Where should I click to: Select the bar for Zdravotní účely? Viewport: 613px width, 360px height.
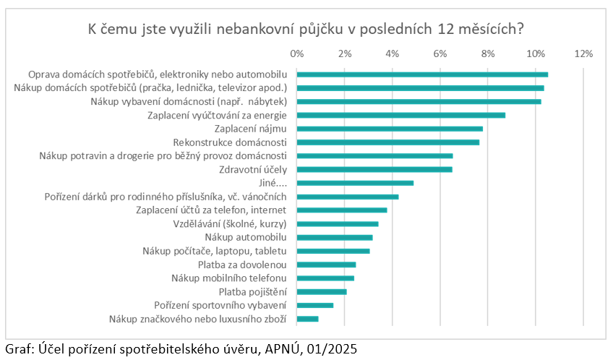(374, 169)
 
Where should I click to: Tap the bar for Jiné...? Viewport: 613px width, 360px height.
(355, 183)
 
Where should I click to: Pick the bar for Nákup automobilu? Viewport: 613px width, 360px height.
(335, 237)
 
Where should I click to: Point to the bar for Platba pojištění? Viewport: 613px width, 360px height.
(322, 291)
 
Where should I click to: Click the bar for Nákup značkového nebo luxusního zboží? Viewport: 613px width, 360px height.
(307, 319)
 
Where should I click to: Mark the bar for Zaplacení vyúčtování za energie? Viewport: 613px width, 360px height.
(401, 115)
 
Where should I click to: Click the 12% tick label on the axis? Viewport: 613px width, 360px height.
(583, 53)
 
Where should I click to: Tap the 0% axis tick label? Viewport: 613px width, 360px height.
(297, 53)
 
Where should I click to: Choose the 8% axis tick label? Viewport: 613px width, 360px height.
(488, 53)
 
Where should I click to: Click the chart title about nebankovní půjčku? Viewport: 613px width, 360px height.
(306, 30)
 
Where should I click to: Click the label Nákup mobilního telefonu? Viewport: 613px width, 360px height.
(229, 278)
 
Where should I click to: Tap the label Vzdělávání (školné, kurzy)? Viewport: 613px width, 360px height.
(230, 224)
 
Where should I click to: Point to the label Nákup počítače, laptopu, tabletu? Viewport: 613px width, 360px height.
(215, 251)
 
